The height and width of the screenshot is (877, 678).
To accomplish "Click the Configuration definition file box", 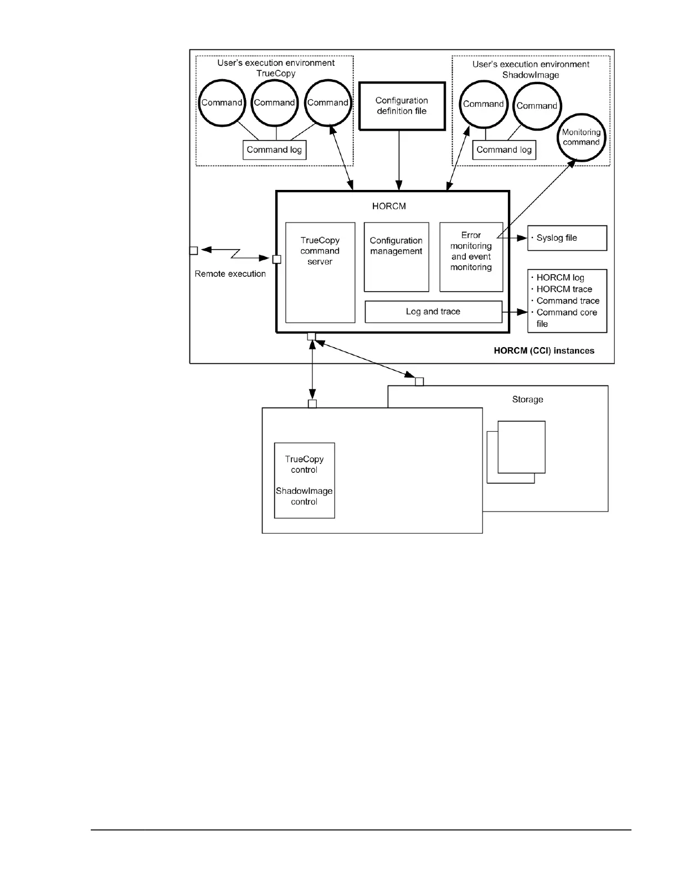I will (402, 106).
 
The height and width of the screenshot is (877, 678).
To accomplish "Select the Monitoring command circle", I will (581, 137).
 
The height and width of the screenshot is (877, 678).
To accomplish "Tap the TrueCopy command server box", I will (320, 272).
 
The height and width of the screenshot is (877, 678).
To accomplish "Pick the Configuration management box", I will (396, 257).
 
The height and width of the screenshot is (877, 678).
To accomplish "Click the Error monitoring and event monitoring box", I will (471, 256).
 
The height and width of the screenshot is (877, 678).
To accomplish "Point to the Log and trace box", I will (433, 312).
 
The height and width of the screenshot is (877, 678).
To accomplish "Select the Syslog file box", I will (567, 238).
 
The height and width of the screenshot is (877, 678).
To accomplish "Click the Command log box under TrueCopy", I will (274, 150).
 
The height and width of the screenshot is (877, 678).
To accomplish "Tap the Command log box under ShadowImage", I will (504, 150).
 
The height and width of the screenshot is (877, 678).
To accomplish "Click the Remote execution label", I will (230, 274).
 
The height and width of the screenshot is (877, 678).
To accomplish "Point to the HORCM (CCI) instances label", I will (543, 350).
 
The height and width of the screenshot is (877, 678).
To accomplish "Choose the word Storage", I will (527, 399).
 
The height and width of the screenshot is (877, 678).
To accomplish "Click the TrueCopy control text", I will (304, 465).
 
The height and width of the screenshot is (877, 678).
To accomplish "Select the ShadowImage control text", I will (304, 496).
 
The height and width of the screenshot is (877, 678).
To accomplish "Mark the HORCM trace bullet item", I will (564, 289).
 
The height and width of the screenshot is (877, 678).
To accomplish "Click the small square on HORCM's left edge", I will (277, 259).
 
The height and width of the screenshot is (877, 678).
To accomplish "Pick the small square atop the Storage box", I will (419, 381).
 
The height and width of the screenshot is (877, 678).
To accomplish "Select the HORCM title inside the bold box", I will (389, 207).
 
